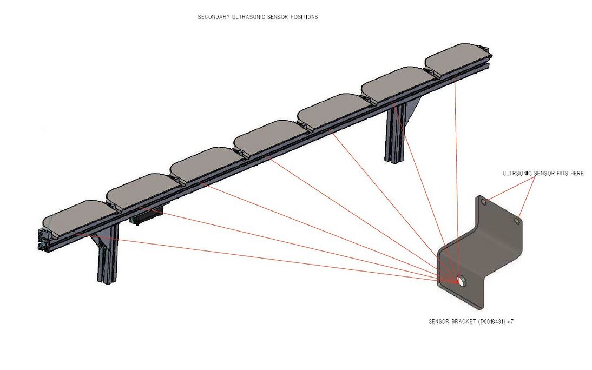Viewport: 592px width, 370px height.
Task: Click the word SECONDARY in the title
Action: click(212, 17)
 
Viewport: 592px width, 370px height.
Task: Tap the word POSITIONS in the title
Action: click(304, 17)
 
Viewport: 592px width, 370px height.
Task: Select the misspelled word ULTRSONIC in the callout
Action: click(516, 173)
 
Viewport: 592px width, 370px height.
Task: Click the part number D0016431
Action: click(491, 321)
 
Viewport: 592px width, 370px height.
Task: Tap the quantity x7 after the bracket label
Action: click(510, 321)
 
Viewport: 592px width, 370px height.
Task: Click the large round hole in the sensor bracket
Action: click(461, 280)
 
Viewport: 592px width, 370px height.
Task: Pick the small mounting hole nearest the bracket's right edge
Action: click(518, 221)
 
